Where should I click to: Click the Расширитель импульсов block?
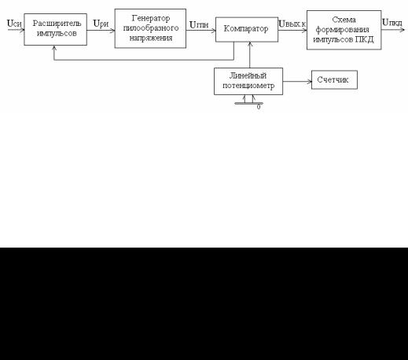[55, 29]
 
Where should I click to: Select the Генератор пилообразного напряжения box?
[150, 28]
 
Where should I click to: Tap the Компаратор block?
[247, 29]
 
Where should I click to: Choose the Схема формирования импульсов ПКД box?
[344, 30]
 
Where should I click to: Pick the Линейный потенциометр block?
[248, 81]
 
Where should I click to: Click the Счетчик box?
[334, 79]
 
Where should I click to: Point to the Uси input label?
[14, 24]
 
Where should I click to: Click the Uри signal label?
[101, 24]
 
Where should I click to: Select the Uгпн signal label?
[199, 24]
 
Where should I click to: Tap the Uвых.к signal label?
[292, 24]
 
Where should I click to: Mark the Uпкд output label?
[392, 23]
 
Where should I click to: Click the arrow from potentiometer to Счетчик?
[297, 82]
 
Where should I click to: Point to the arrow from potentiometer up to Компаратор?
[250, 55]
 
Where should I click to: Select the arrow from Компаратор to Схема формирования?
[292, 30]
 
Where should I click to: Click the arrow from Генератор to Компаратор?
[200, 31]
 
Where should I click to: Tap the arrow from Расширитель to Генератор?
[101, 30]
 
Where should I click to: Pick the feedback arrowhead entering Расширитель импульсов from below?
[54, 48]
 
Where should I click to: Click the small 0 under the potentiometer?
[259, 107]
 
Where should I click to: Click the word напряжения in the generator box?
[151, 39]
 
